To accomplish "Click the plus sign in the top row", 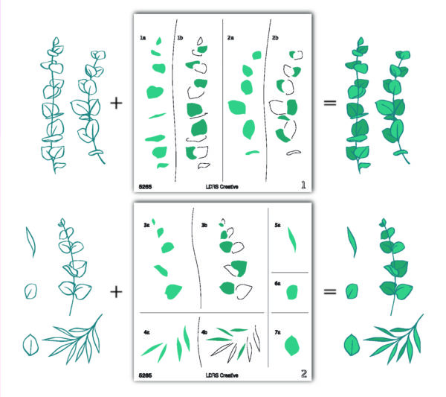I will click(x=117, y=102).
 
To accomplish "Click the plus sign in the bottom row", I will click(x=117, y=291).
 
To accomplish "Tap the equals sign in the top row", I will click(x=329, y=102).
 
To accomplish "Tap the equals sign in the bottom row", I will click(x=331, y=291).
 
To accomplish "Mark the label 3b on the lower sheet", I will click(x=205, y=223).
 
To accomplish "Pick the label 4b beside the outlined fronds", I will click(x=204, y=323).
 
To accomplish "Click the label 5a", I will click(x=277, y=223).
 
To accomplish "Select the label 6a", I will click(x=277, y=284).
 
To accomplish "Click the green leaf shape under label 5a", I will click(x=292, y=239).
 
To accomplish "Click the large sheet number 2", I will click(x=303, y=372).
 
